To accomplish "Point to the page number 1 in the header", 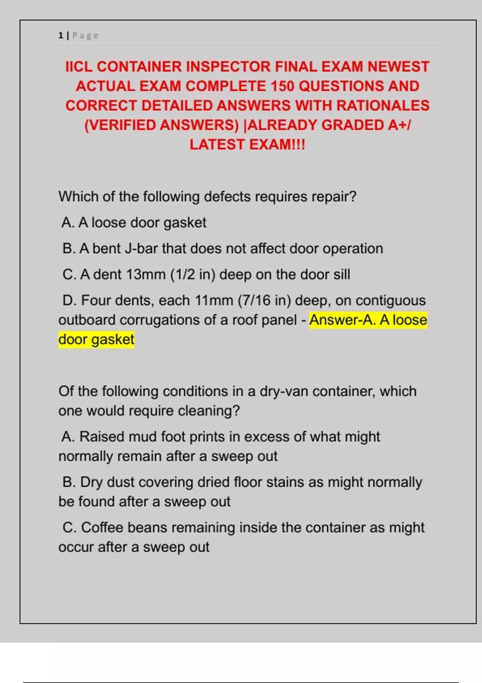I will (x=61, y=36).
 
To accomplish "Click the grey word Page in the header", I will (x=86, y=36).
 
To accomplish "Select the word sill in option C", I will (x=341, y=275).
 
